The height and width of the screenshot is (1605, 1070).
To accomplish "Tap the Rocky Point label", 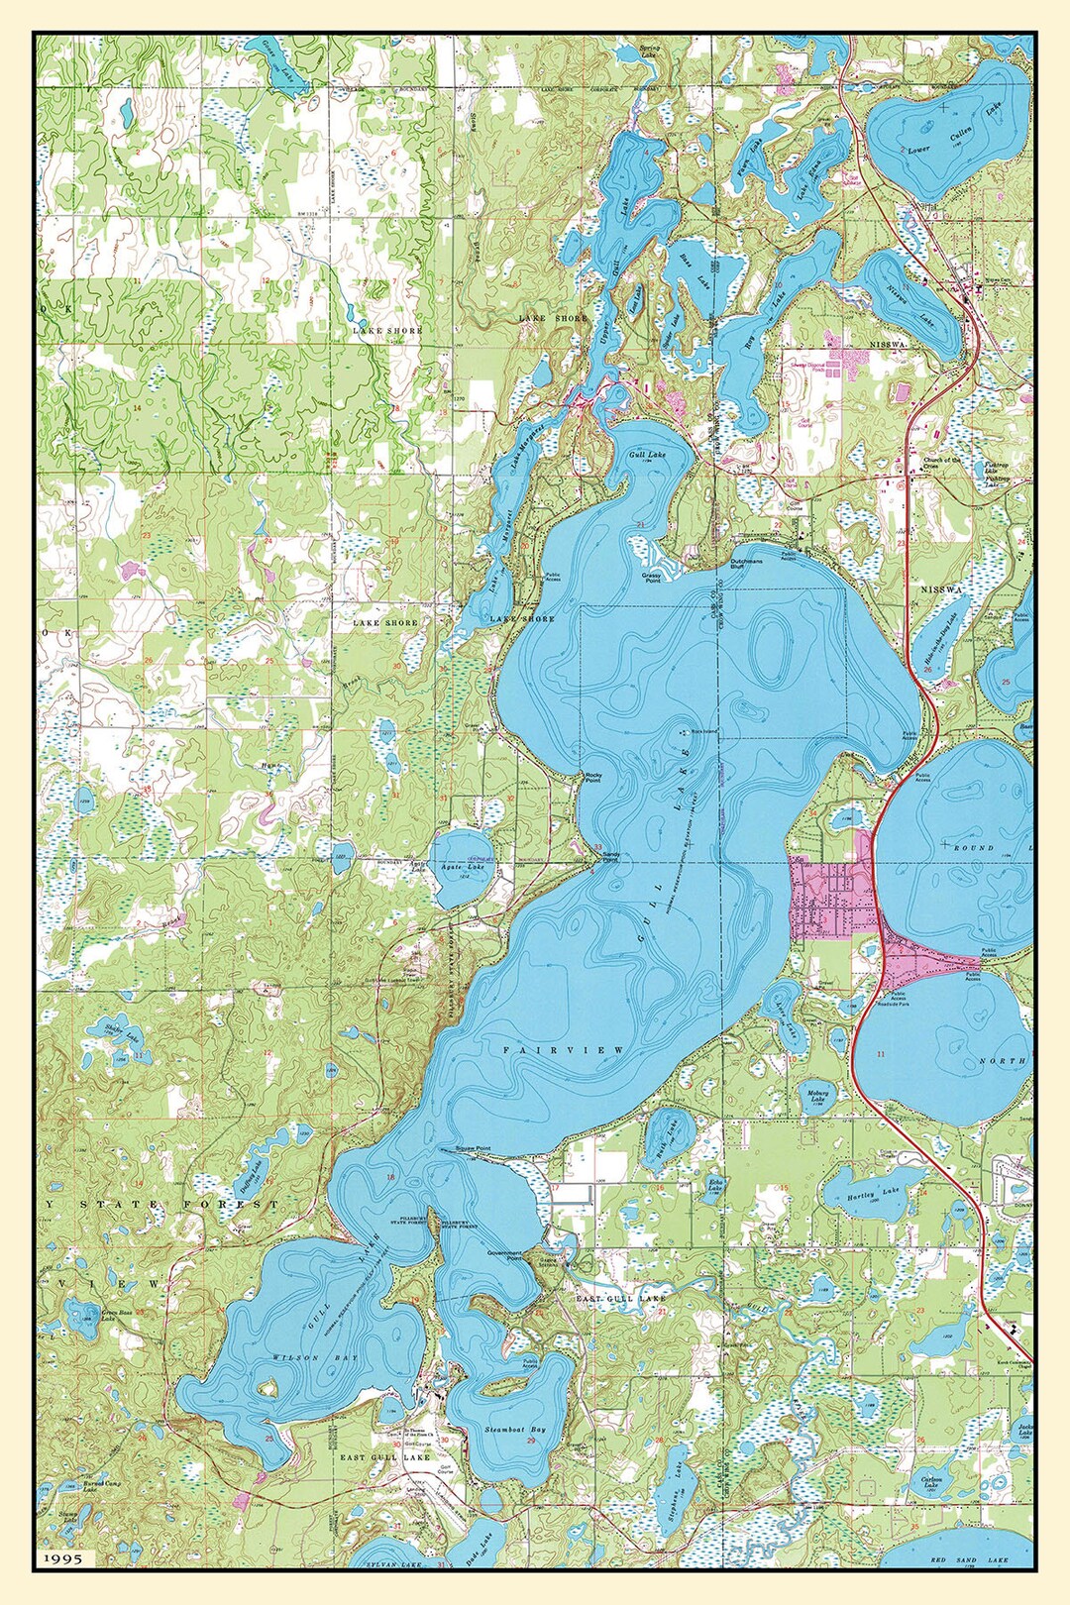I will pos(593,778).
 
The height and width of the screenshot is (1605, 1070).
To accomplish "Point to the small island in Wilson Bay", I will pos(267,1389).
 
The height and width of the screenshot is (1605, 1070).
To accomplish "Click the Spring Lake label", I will pos(649,52).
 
